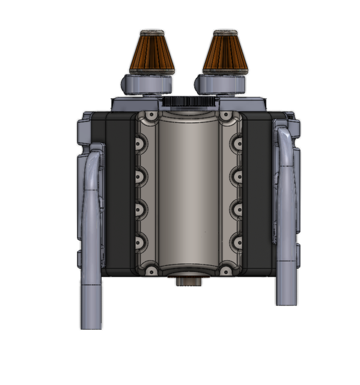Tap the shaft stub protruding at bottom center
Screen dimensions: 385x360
(x=188, y=282)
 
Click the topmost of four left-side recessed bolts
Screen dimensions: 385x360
(x=142, y=145)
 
